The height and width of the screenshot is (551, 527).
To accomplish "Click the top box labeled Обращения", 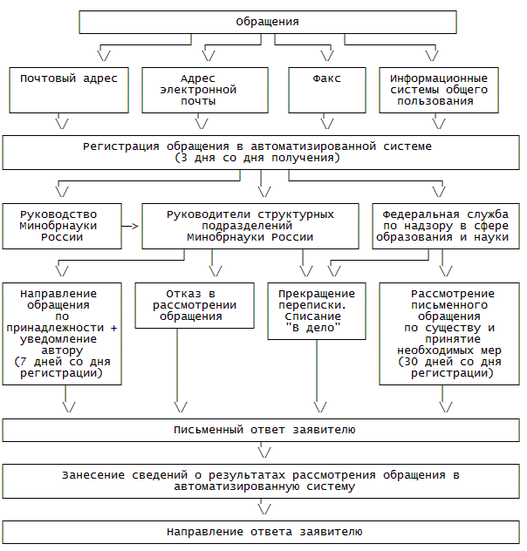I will pyautogui.click(x=267, y=22).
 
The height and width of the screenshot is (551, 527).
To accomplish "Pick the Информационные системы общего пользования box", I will pyautogui.click(x=440, y=89).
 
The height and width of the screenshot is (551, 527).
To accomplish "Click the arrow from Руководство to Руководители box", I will pyautogui.click(x=131, y=226).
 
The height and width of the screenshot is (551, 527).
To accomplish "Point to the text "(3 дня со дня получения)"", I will pyautogui.click(x=257, y=159).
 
